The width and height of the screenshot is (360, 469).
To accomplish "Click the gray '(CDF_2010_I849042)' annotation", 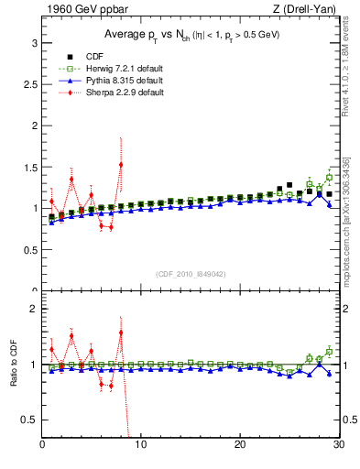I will (190, 273).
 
